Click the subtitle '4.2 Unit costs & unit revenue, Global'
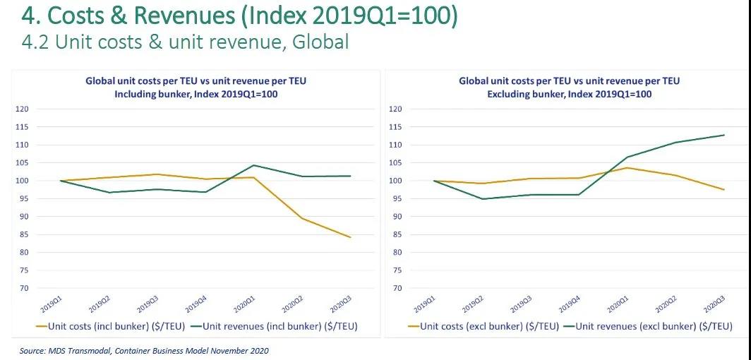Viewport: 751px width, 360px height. (x=186, y=42)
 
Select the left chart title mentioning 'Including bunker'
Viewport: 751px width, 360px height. (x=196, y=88)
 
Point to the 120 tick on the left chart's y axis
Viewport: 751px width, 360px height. (x=21, y=109)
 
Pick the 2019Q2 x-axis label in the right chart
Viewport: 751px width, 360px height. (x=474, y=304)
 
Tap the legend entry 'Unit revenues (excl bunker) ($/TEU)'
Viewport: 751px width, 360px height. (x=654, y=326)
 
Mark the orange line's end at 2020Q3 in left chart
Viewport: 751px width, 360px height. (x=350, y=237)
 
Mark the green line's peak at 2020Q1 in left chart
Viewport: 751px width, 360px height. (x=253, y=165)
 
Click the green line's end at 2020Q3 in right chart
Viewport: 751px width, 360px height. (x=724, y=135)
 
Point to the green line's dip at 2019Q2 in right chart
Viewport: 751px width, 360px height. (x=483, y=199)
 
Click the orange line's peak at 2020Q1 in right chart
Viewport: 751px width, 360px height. (x=627, y=167)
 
